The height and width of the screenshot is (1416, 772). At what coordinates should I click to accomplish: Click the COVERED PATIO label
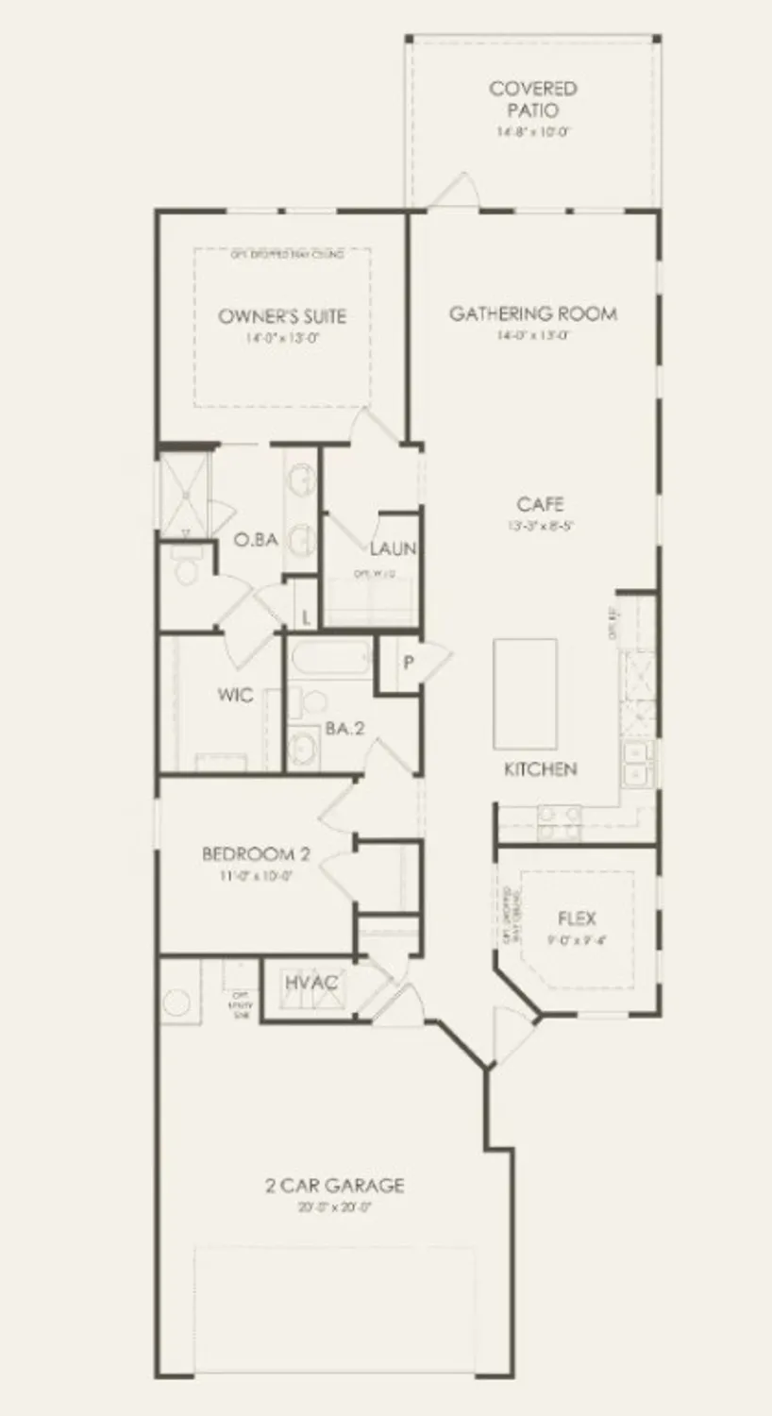coord(532,99)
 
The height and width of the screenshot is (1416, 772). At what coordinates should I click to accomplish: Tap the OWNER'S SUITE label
coord(281,316)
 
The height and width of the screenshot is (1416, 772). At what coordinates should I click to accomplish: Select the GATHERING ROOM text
coord(533,313)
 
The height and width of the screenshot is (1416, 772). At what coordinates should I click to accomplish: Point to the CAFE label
coord(540,504)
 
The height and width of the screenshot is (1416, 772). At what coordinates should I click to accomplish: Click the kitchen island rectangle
coord(525,694)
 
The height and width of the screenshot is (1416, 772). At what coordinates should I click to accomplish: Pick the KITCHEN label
coord(540,769)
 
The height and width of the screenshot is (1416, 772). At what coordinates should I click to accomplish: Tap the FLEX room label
coord(577,918)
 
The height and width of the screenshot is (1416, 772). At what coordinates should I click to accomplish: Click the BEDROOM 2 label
coord(256,855)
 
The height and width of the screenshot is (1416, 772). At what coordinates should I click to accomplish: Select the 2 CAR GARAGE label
coord(334,1186)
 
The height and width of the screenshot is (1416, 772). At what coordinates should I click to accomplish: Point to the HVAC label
coord(311,983)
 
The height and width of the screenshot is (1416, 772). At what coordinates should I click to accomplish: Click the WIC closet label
coord(235,696)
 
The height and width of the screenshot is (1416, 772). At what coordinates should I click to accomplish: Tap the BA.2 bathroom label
coord(345,729)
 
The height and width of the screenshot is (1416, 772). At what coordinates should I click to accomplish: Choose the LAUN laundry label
coord(393,548)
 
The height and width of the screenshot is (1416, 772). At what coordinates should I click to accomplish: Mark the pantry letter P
coord(409,663)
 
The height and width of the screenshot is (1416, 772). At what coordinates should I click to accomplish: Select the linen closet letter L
coord(306,617)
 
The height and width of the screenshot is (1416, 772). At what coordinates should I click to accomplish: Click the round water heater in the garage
coord(176,1003)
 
